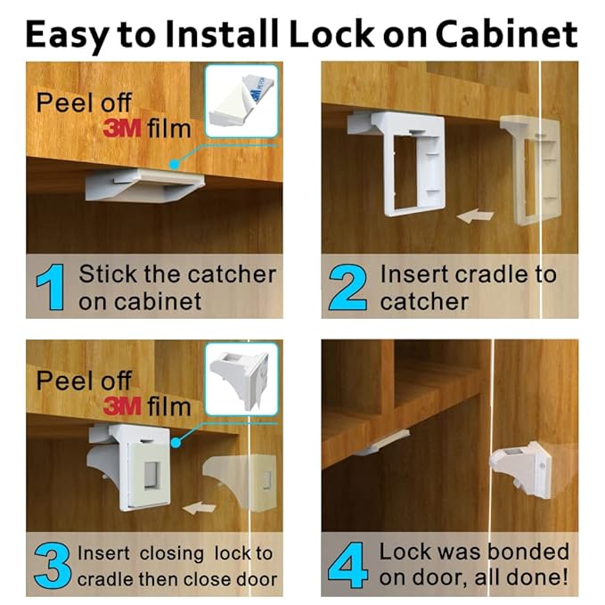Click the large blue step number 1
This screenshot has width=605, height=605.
click(51, 288)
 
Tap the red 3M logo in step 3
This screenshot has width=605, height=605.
click(122, 407)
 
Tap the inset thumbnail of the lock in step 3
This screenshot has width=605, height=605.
click(241, 378)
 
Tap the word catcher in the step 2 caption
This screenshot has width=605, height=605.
click(423, 301)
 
